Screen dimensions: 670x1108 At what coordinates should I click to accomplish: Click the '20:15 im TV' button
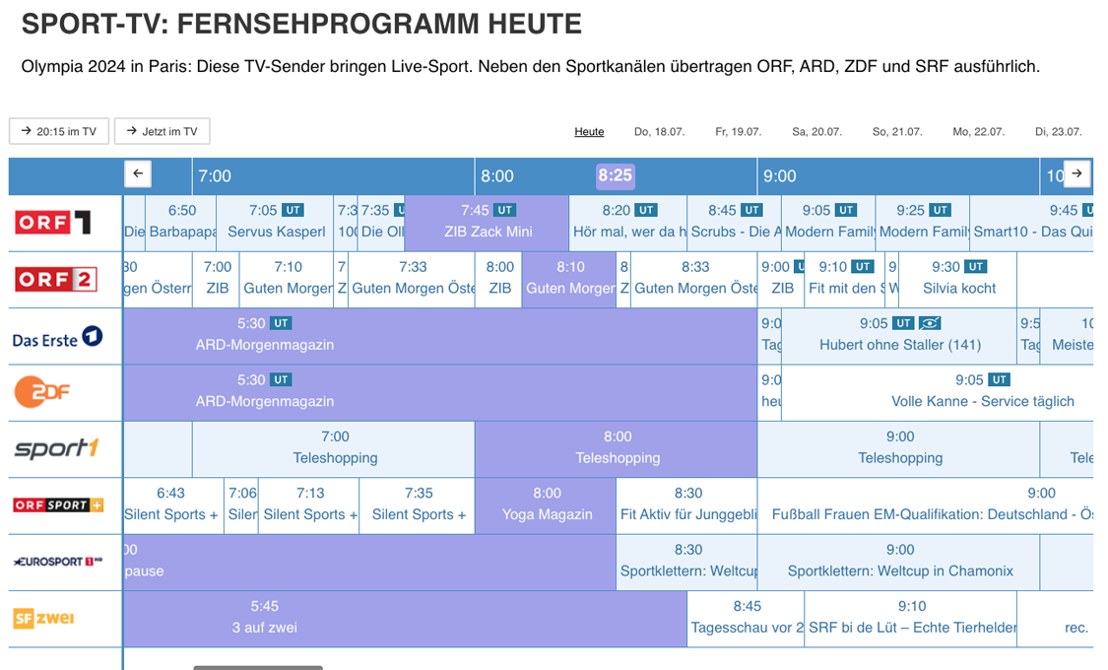[x=59, y=131]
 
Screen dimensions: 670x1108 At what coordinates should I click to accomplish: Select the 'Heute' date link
[x=589, y=132]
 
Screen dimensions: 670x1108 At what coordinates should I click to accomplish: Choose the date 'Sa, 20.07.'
[x=816, y=132]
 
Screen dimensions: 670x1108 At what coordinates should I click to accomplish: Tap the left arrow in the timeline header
[x=138, y=173]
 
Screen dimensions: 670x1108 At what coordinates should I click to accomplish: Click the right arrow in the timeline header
[x=1076, y=173]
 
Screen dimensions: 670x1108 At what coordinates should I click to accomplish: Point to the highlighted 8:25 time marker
[x=615, y=175]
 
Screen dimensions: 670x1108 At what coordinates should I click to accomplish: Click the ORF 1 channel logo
[x=53, y=223]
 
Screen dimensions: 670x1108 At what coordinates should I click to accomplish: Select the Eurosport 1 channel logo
[x=57, y=562]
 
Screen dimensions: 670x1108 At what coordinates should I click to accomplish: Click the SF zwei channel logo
[x=43, y=619]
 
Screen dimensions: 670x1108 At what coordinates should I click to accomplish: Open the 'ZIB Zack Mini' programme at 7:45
[x=488, y=223]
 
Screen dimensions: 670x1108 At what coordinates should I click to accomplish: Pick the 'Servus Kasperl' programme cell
[x=276, y=223]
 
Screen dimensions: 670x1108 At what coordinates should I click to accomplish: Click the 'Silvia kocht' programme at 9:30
[x=958, y=279]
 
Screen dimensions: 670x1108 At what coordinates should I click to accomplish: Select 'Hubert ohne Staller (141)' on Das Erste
[x=899, y=336]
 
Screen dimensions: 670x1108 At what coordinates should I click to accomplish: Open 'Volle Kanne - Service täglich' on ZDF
[x=981, y=392]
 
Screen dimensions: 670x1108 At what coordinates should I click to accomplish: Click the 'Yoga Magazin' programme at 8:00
[x=547, y=505]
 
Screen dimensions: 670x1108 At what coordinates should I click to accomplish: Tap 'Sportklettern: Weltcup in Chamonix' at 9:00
[x=899, y=562]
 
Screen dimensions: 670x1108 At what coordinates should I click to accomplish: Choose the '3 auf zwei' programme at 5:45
[x=264, y=618]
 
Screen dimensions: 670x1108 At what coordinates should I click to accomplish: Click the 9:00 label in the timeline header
[x=779, y=176]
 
